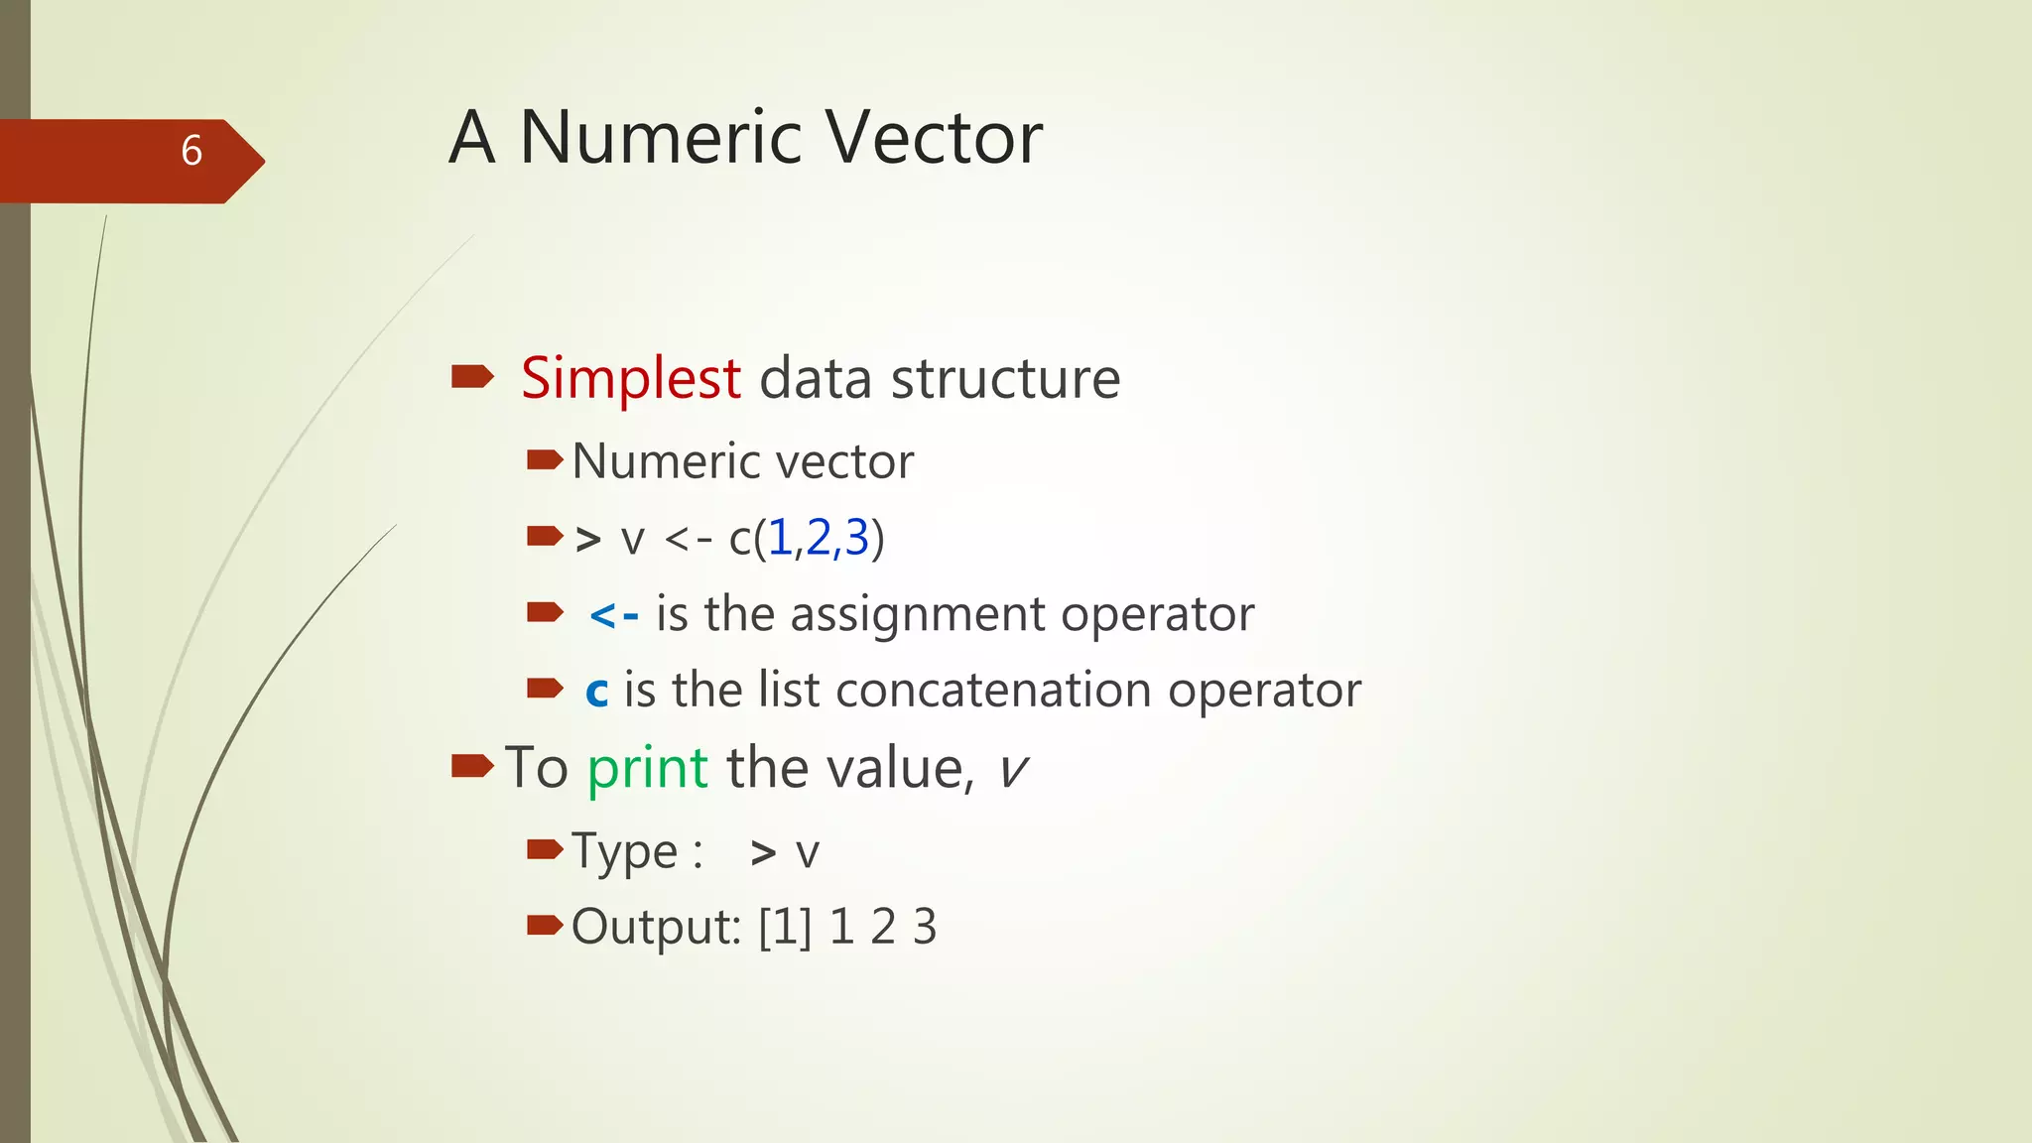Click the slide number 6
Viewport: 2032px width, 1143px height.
click(x=191, y=151)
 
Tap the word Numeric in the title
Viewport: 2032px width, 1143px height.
click(x=660, y=137)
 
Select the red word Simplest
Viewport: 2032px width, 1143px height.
click(x=631, y=378)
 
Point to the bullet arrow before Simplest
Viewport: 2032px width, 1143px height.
click(x=472, y=376)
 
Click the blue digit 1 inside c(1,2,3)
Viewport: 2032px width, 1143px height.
click(x=780, y=539)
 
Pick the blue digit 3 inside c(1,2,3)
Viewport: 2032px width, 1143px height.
click(x=856, y=539)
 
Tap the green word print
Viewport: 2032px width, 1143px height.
click(x=647, y=768)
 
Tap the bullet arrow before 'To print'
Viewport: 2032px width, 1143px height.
click(x=472, y=765)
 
